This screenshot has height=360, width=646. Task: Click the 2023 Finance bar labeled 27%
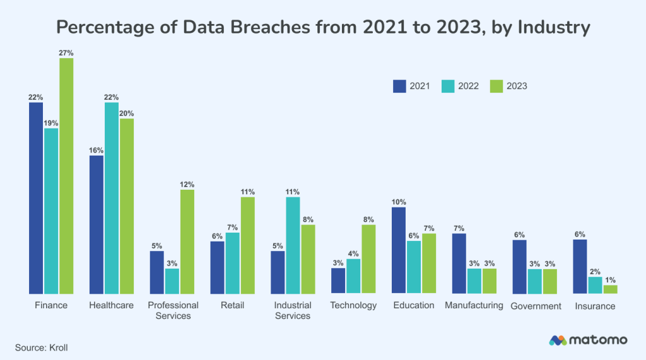pyautogui.click(x=66, y=176)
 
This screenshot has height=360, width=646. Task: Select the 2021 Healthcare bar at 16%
pyautogui.click(x=97, y=224)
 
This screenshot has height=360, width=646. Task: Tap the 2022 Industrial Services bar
pyautogui.click(x=293, y=245)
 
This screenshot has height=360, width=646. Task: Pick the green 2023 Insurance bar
pyautogui.click(x=610, y=289)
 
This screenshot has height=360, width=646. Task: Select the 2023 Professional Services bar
pyautogui.click(x=187, y=241)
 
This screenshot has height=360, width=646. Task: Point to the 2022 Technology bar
pyautogui.click(x=353, y=276)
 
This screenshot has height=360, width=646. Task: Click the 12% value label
pyautogui.click(x=187, y=185)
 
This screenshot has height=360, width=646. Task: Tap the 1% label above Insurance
pyautogui.click(x=610, y=279)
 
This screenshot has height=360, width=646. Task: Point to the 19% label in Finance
pyautogui.click(x=51, y=123)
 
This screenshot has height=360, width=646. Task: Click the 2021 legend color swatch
pyautogui.click(x=399, y=86)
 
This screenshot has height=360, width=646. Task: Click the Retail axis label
pyautogui.click(x=232, y=305)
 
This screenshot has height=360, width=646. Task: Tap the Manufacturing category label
pyautogui.click(x=474, y=305)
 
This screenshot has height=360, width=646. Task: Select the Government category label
pyautogui.click(x=536, y=306)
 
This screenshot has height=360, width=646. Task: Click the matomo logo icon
pyautogui.click(x=558, y=340)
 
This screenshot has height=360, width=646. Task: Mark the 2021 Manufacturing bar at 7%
pyautogui.click(x=459, y=264)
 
